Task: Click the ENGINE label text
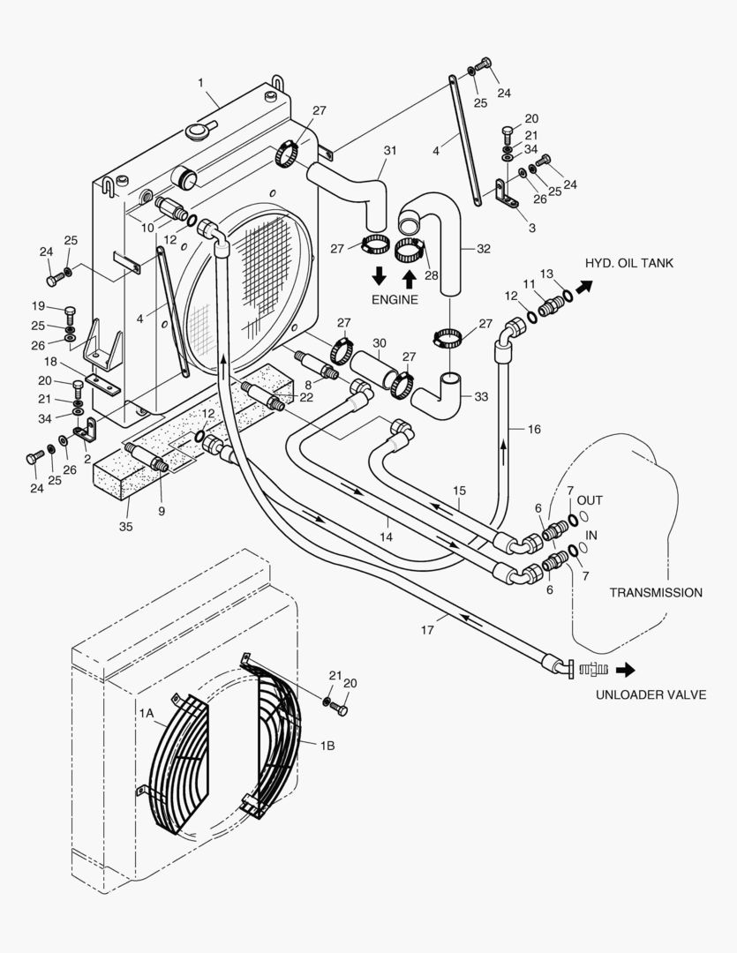point(395,300)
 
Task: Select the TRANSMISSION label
point(656,592)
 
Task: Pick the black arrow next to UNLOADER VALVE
point(625,668)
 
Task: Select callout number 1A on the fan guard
point(147,710)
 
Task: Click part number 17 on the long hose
point(427,630)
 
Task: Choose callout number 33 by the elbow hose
point(480,396)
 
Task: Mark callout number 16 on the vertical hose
point(534,429)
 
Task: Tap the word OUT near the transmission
point(590,500)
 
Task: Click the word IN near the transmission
point(592,535)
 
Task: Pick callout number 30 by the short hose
point(379,342)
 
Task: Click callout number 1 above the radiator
point(201,82)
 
